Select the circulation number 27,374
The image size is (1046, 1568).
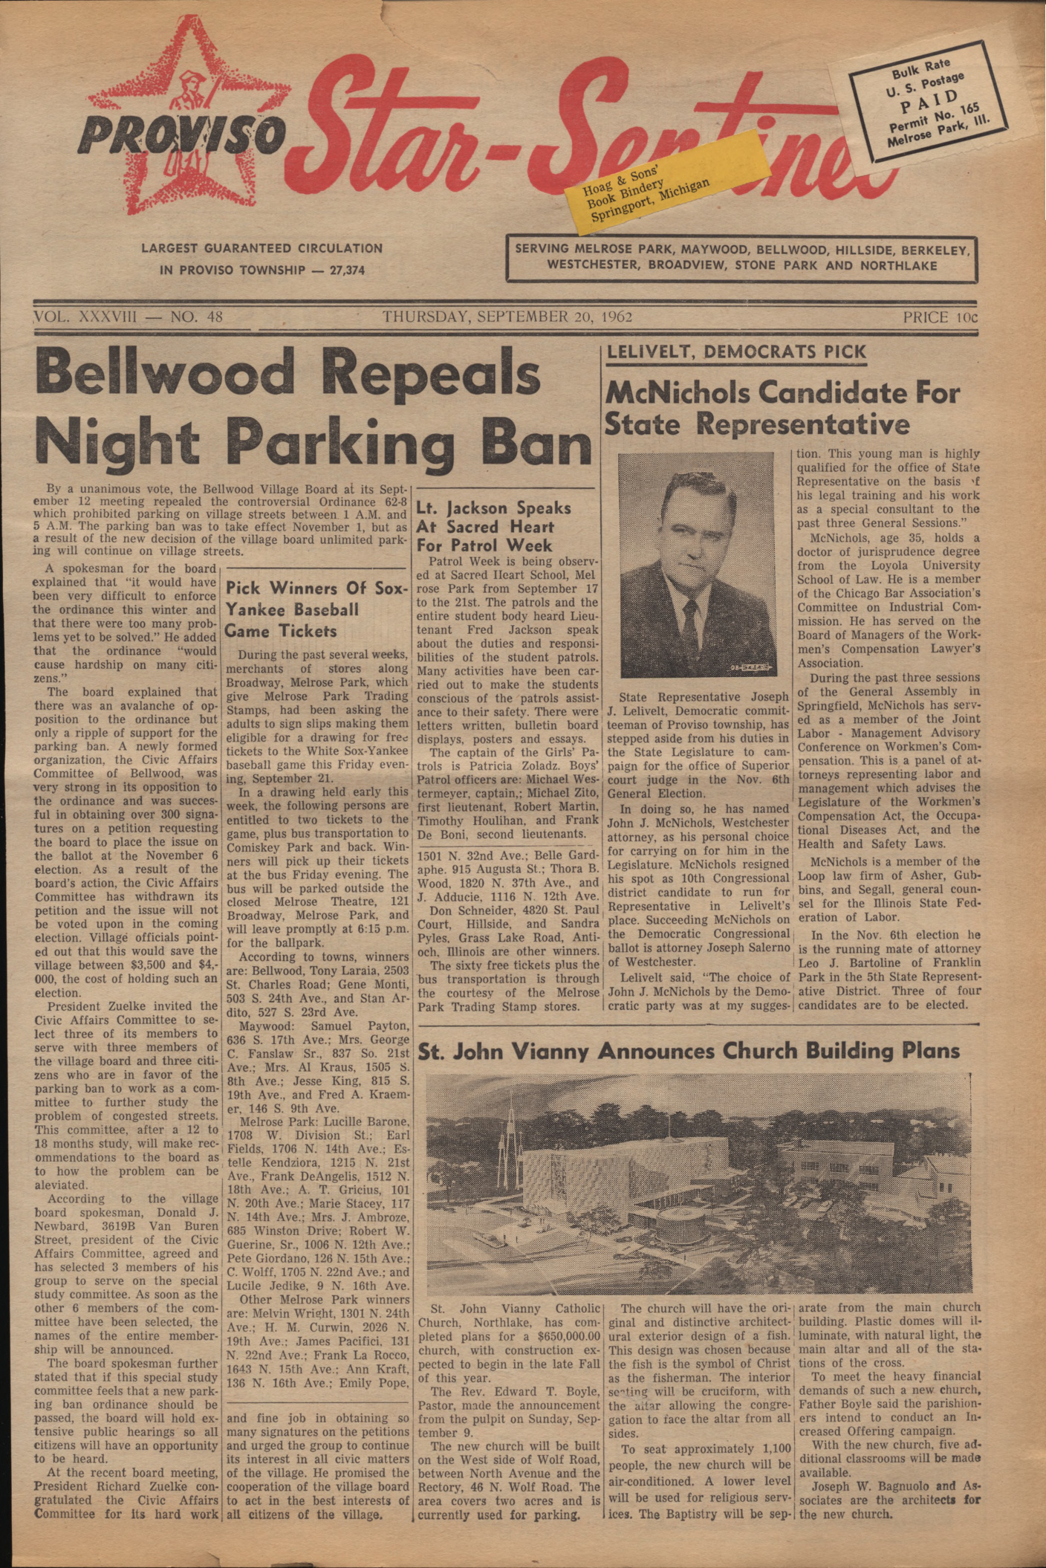pyautogui.click(x=347, y=270)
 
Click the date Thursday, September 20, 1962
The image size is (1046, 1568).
pyautogui.click(x=507, y=317)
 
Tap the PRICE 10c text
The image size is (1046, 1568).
pyautogui.click(x=940, y=317)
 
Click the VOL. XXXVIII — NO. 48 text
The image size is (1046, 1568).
pyautogui.click(x=129, y=317)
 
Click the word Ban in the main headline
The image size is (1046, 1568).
pyautogui.click(x=536, y=444)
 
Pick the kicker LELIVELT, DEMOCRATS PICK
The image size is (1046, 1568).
pyautogui.click(x=736, y=352)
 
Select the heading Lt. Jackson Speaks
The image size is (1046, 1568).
pyautogui.click(x=493, y=508)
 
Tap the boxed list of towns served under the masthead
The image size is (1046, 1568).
pyautogui.click(x=741, y=257)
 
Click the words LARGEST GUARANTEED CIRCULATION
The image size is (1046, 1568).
pyautogui.click(x=262, y=248)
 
